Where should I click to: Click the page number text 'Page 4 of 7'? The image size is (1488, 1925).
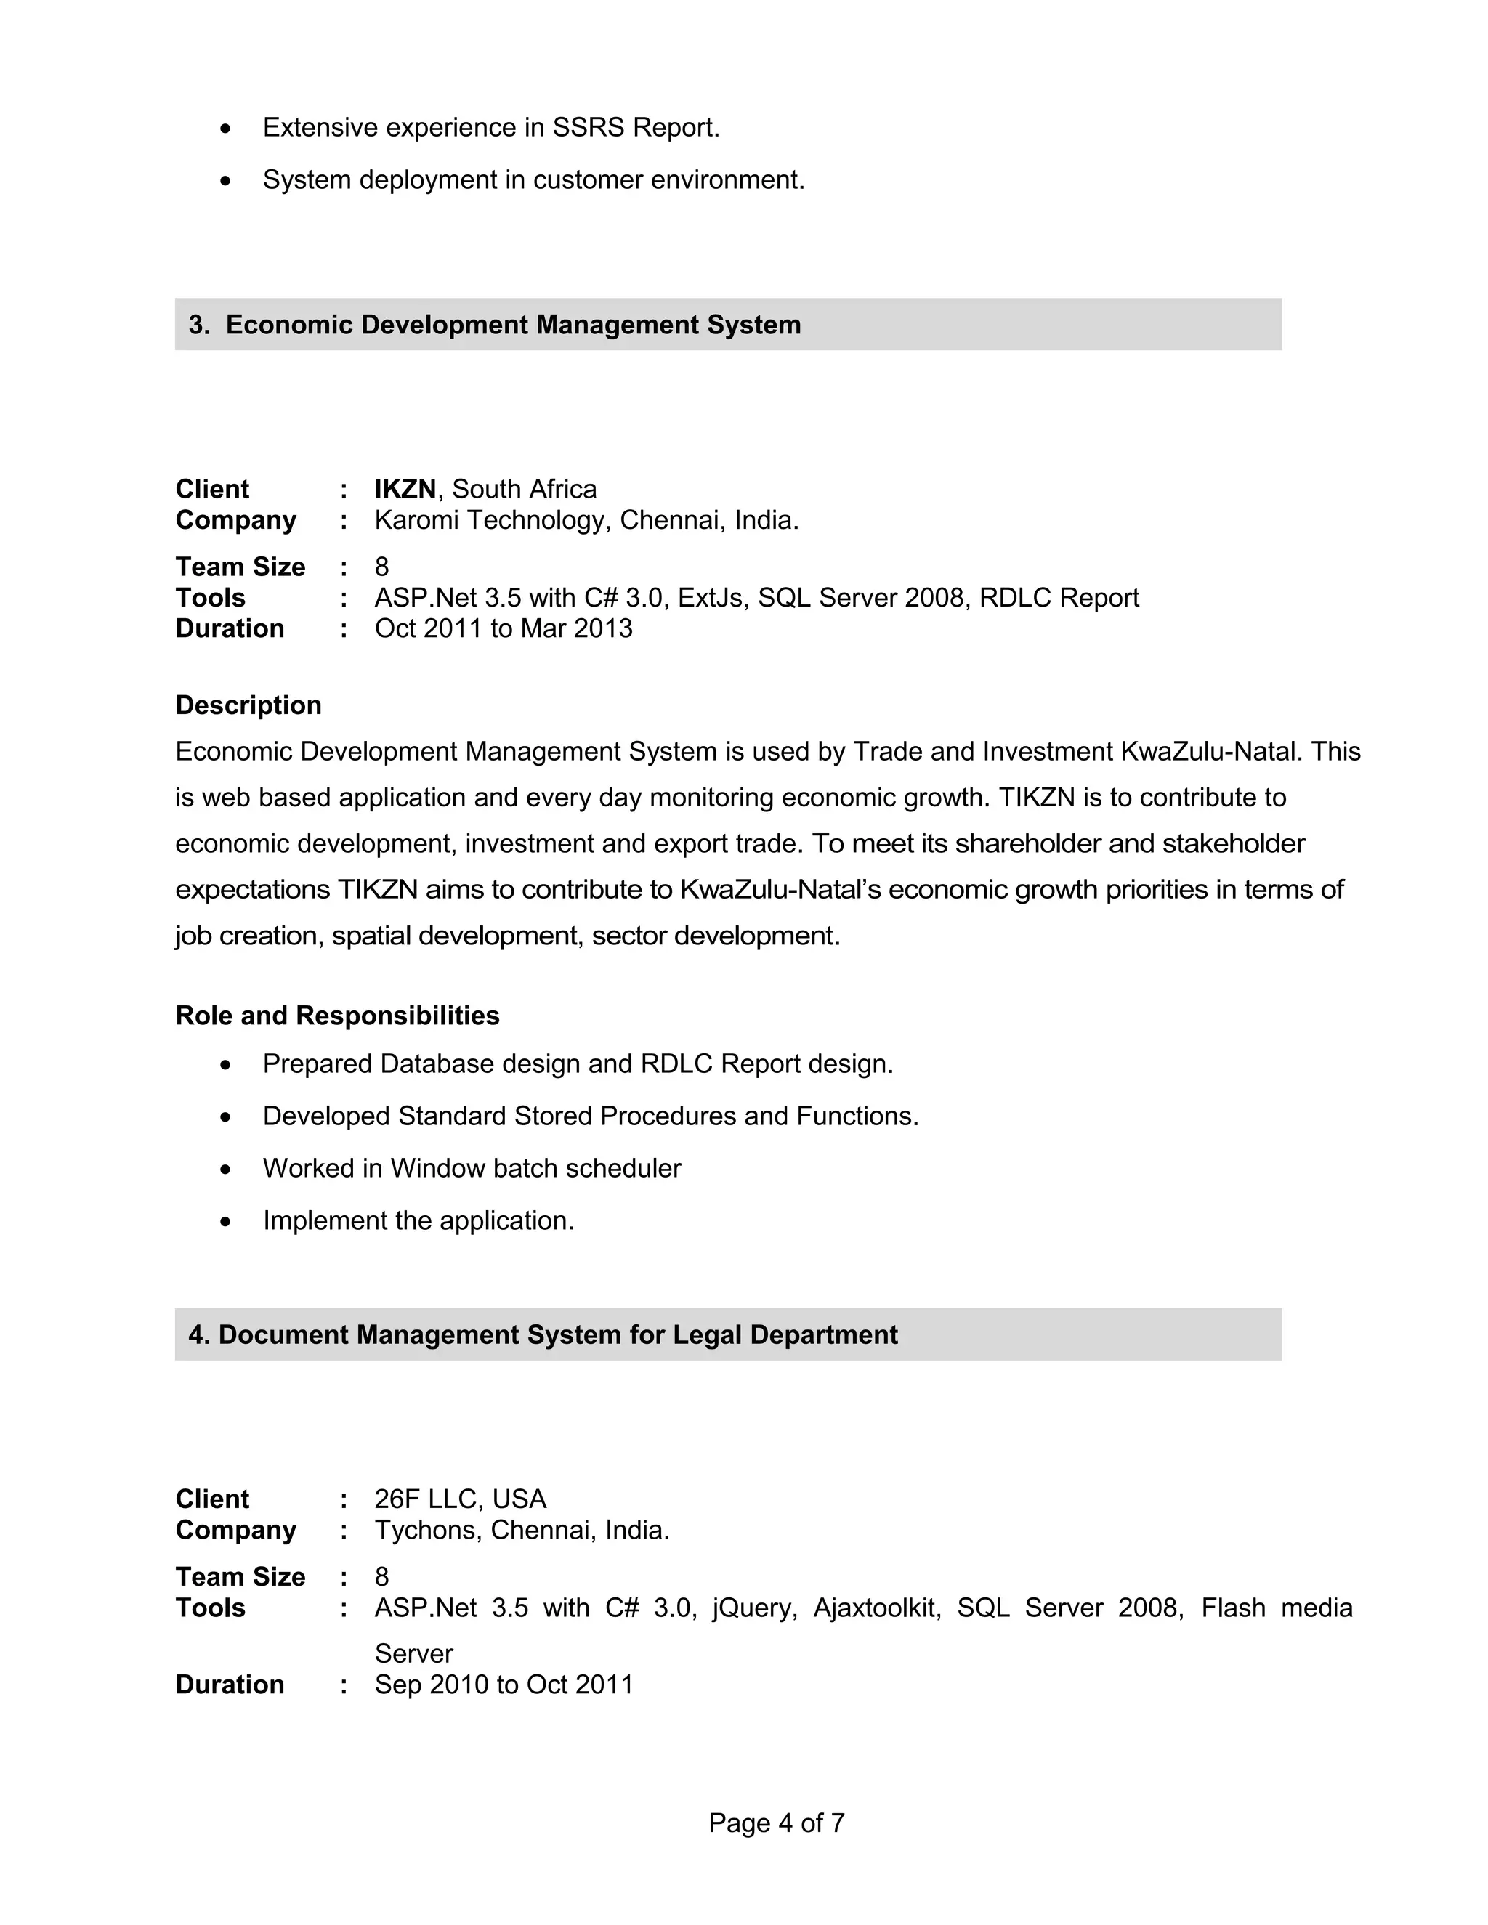click(776, 1822)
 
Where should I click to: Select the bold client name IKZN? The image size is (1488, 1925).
click(405, 488)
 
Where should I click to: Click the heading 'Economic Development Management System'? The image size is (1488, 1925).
click(513, 325)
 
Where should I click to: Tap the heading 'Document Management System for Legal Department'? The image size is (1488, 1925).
click(557, 1334)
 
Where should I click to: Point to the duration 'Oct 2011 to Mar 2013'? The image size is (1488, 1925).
click(504, 628)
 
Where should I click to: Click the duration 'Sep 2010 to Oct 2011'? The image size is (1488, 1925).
click(504, 1685)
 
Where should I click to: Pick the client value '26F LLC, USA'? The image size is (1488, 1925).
click(460, 1499)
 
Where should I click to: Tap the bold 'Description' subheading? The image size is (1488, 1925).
click(248, 705)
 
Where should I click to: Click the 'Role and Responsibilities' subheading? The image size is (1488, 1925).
click(338, 1016)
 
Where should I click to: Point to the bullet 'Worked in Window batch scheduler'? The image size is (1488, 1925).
click(472, 1168)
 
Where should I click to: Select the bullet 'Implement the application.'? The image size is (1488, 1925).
click(418, 1221)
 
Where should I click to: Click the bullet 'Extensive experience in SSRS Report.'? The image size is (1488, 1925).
click(491, 128)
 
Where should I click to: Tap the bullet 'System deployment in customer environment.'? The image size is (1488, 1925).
click(533, 180)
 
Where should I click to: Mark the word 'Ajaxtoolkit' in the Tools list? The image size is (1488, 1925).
click(876, 1608)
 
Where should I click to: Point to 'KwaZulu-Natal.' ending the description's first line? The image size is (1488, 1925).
click(1210, 751)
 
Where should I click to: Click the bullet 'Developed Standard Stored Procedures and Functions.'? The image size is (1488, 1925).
click(591, 1116)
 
